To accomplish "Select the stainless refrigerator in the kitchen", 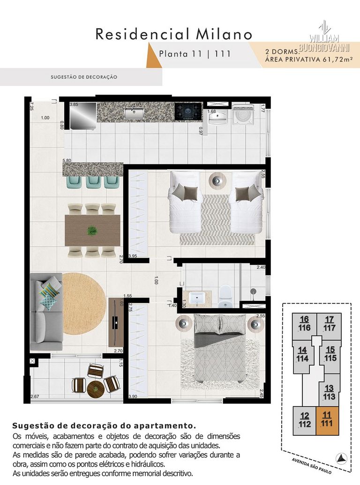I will [x=82, y=115].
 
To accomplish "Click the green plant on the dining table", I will [x=92, y=231].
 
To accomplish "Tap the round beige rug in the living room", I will [x=82, y=304].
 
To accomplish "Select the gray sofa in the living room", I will [x=46, y=312].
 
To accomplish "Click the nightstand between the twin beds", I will [x=217, y=180].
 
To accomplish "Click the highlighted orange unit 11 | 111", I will [x=328, y=419].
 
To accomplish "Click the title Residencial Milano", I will [x=174, y=34].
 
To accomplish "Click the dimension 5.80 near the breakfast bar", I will [x=67, y=160].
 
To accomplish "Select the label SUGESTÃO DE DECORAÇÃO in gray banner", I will [x=84, y=77].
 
